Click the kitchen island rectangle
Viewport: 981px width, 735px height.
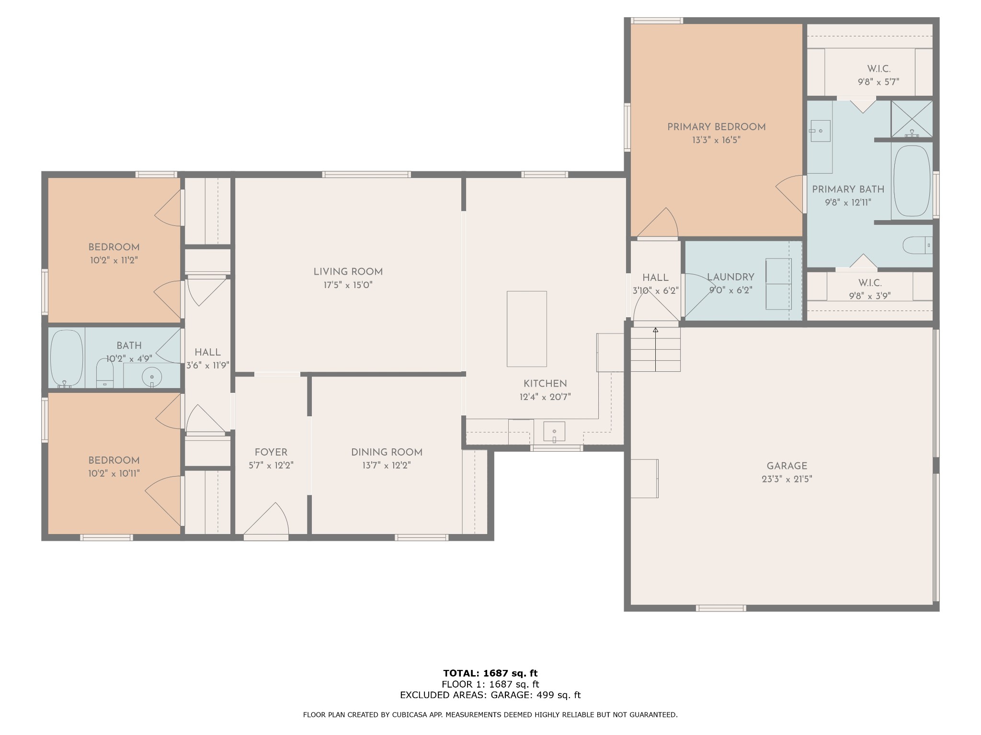point(527,329)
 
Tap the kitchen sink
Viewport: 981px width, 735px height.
point(554,432)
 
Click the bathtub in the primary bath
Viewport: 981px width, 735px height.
point(912,181)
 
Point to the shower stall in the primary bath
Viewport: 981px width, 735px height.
point(912,119)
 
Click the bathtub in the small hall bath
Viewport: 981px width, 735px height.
point(67,358)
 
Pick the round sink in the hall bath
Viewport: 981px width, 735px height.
point(152,377)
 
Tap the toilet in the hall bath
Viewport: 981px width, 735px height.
point(105,373)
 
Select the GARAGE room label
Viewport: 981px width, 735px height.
point(787,466)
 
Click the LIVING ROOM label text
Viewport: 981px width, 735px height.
point(348,272)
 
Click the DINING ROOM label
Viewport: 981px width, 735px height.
point(387,452)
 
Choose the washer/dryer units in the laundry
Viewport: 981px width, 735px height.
point(778,284)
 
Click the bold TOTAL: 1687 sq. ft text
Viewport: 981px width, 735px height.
point(490,673)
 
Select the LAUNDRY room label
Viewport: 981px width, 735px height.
point(730,277)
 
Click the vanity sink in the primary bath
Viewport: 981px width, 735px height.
point(820,131)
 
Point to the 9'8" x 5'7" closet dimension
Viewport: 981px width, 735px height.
point(878,82)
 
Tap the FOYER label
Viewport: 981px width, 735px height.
point(271,452)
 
